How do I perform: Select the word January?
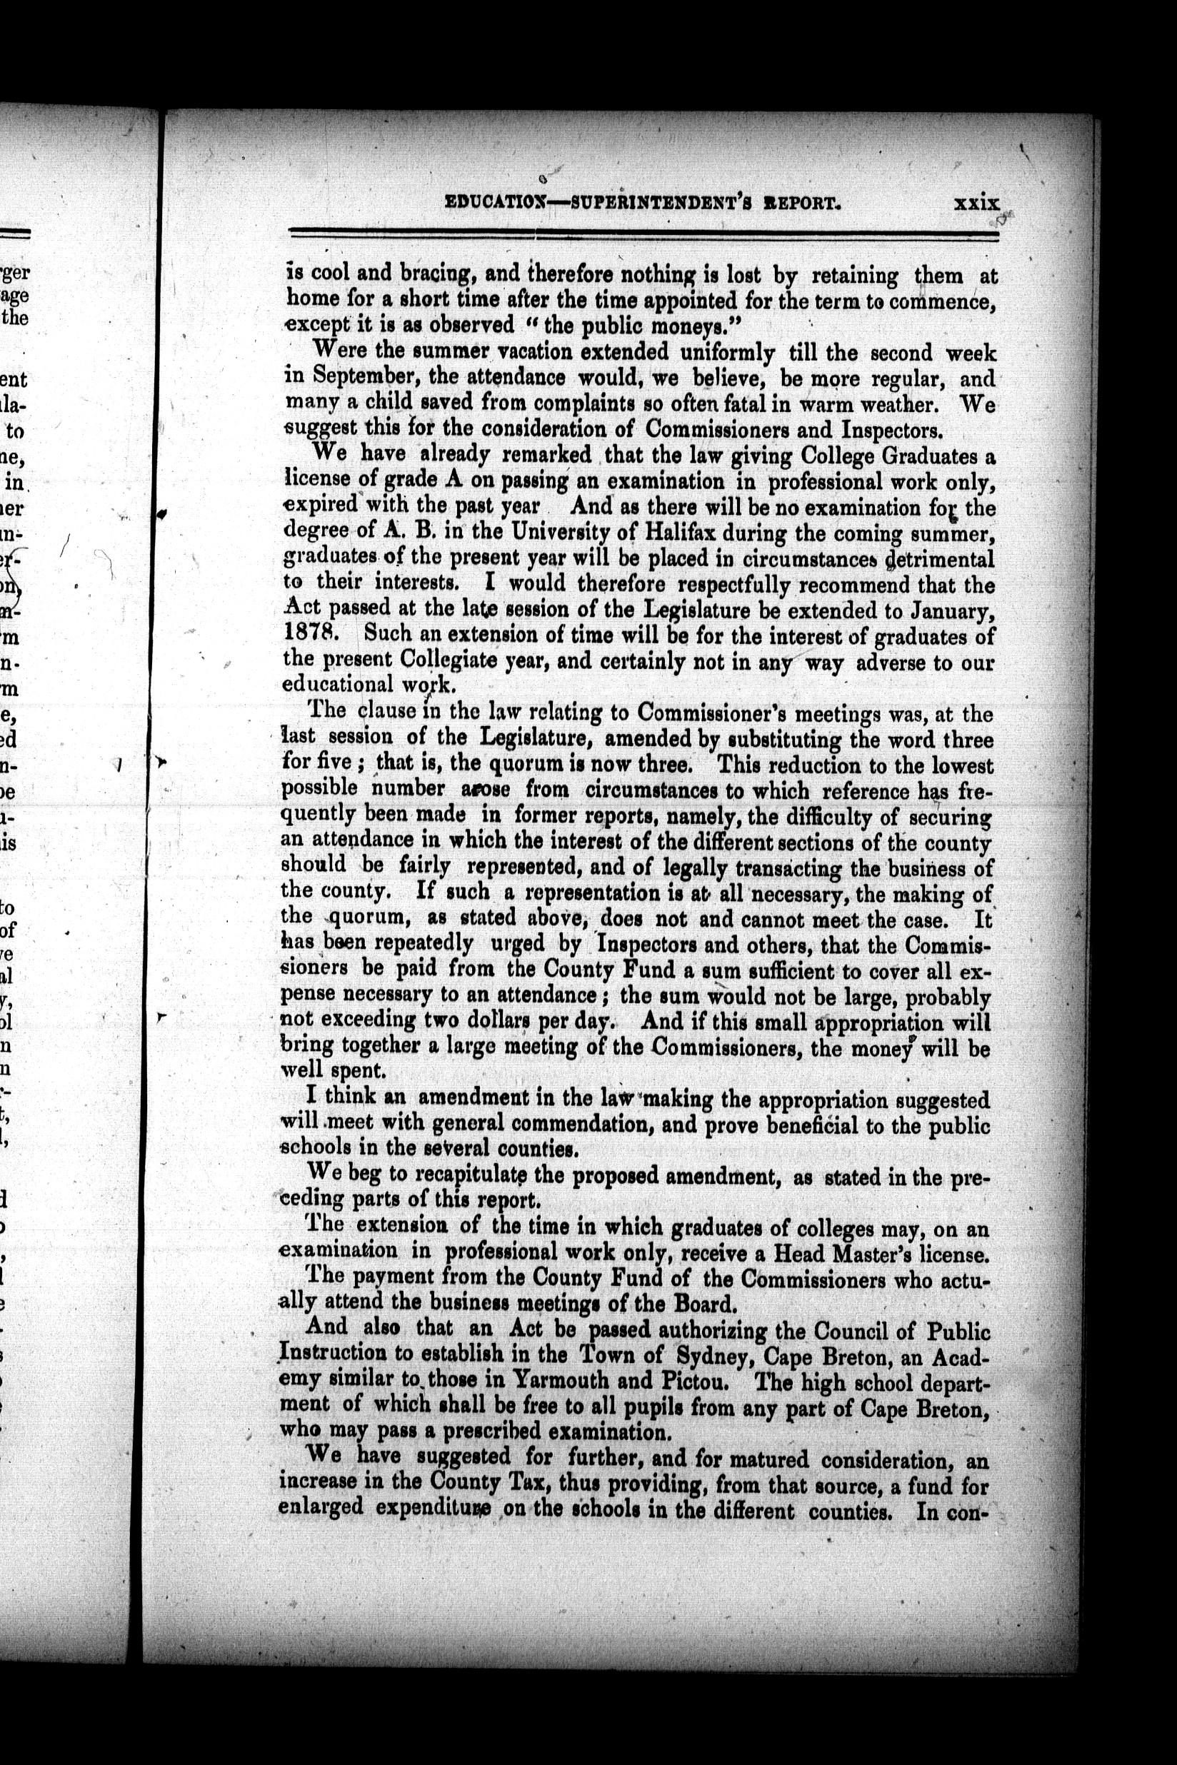pos(943,611)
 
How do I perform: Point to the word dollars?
pos(489,1020)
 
